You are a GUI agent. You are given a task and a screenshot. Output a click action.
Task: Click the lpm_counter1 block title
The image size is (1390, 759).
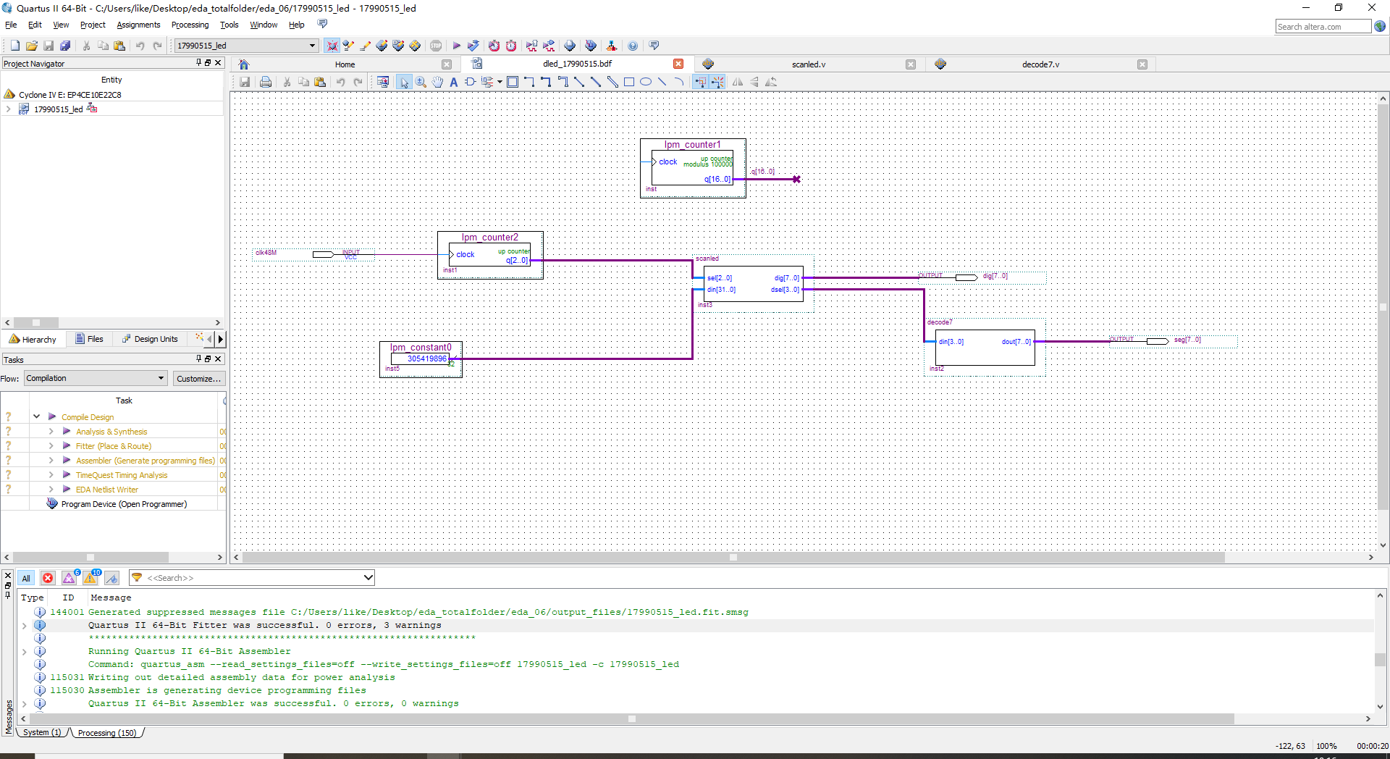click(692, 145)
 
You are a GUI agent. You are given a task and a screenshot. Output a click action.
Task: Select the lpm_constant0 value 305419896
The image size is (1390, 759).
click(426, 358)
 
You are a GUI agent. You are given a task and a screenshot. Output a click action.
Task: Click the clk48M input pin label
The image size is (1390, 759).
click(266, 253)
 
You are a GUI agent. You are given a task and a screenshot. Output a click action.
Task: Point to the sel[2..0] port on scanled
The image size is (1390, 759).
click(719, 278)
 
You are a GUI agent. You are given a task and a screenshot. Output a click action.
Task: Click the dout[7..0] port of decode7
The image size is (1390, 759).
click(1016, 342)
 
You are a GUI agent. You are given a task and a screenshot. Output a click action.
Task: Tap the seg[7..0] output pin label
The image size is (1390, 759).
click(1187, 340)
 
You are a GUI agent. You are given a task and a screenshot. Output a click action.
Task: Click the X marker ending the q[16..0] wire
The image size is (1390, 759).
click(796, 179)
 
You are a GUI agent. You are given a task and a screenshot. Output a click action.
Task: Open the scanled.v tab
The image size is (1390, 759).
click(808, 64)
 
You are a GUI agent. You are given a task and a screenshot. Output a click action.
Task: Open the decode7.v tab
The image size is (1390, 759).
click(1040, 64)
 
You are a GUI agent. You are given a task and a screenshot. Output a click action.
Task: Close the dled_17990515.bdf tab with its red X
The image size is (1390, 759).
click(678, 64)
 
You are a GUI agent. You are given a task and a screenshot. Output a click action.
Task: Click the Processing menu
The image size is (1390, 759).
click(190, 25)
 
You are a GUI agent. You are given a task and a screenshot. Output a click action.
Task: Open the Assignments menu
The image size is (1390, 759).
click(138, 25)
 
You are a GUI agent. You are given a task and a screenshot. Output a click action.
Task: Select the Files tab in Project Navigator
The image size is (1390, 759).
click(90, 339)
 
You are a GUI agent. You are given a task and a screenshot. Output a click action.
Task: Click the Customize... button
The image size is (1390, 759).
click(198, 379)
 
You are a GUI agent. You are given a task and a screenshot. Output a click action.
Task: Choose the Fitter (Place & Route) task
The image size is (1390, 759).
click(113, 446)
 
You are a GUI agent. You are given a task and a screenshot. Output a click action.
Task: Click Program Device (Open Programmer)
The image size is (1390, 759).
click(124, 504)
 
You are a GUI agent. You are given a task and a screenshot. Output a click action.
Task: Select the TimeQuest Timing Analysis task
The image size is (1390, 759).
click(122, 475)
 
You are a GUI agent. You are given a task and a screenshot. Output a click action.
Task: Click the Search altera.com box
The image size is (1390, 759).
click(1322, 27)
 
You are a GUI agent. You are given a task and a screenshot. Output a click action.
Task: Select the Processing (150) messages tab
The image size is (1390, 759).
click(107, 733)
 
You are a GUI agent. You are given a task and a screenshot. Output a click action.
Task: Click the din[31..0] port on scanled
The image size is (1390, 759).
click(721, 290)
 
